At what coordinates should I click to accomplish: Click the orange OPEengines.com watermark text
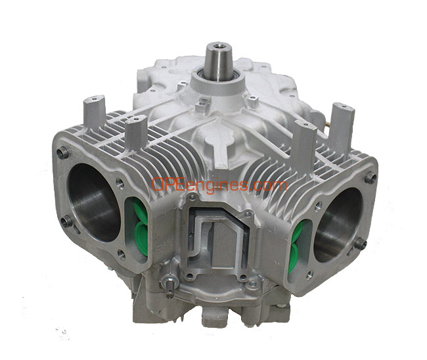(219, 185)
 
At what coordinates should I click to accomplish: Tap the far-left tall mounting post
(94, 112)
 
